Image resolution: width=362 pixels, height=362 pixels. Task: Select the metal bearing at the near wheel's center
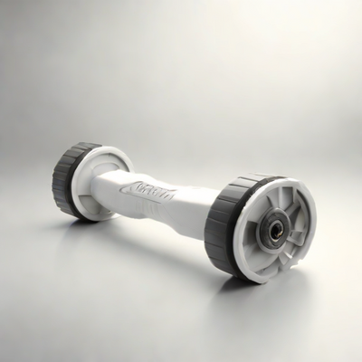pos(272,231)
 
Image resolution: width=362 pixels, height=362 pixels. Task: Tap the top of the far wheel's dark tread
pos(81,146)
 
